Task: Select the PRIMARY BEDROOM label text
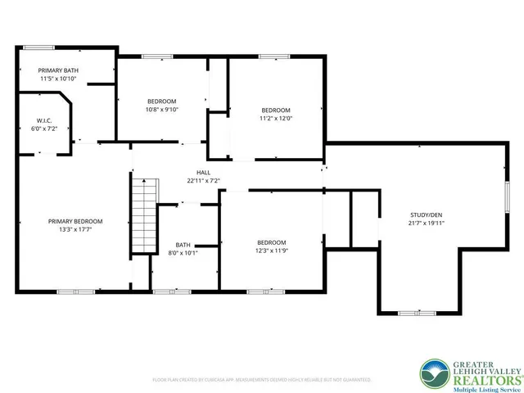click(x=75, y=221)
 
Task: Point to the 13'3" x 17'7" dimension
click(x=75, y=230)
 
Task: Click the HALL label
click(x=203, y=172)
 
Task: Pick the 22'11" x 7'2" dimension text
click(x=203, y=180)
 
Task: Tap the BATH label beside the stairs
click(x=183, y=244)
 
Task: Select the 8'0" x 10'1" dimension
click(x=183, y=253)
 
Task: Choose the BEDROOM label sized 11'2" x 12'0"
click(x=275, y=110)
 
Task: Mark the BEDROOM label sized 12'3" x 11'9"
click(x=271, y=242)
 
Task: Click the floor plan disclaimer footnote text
click(x=262, y=380)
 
